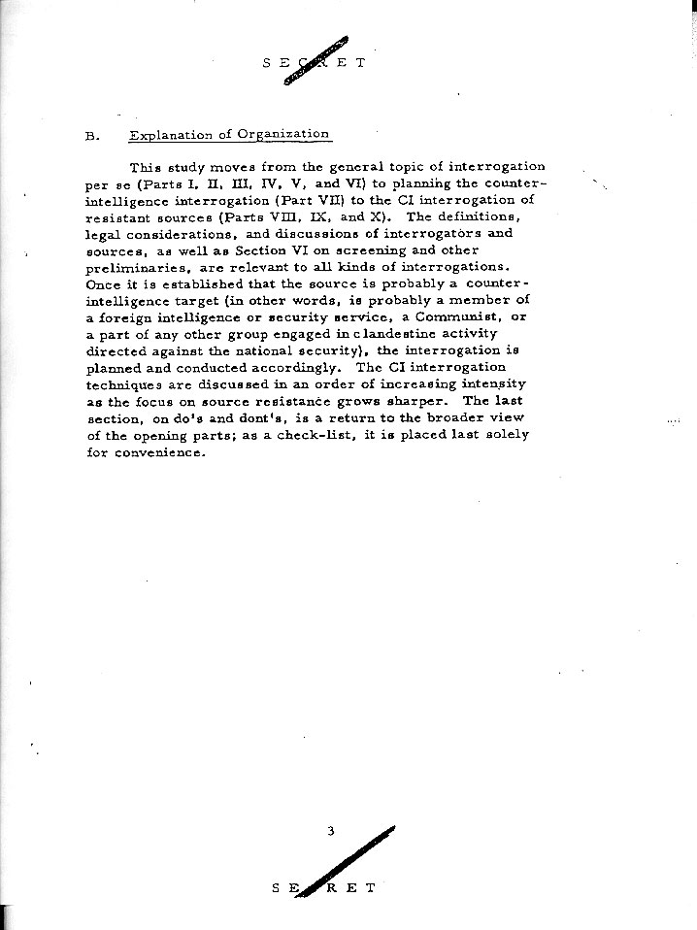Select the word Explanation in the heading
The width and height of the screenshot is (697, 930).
click(x=171, y=135)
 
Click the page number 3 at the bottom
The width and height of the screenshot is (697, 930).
click(x=331, y=831)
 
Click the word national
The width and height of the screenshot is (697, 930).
click(x=276, y=367)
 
